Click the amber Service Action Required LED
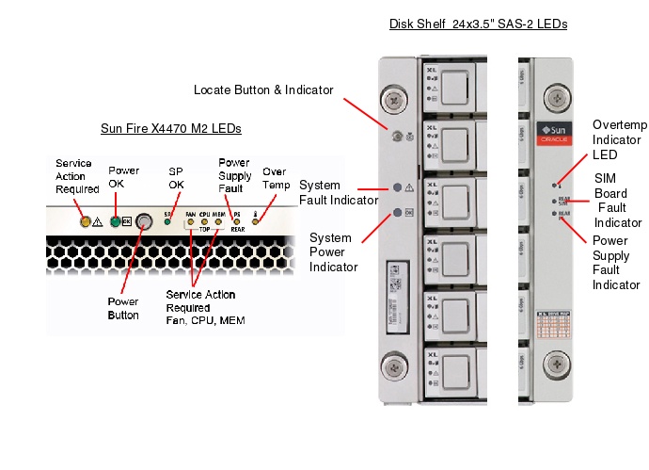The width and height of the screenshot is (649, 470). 86,222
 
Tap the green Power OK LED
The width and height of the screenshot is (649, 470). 115,222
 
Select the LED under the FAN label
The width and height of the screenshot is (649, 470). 191,222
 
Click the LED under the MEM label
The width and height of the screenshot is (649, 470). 219,222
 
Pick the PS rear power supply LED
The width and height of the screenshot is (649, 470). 237,222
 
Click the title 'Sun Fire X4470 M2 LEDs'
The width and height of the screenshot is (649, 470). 171,128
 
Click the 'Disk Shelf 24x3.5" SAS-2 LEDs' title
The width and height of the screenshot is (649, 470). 478,24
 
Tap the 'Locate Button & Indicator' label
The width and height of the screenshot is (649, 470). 263,90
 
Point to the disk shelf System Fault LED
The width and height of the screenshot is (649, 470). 397,188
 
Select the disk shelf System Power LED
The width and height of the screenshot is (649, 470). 397,212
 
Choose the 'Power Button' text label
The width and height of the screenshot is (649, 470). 123,308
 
